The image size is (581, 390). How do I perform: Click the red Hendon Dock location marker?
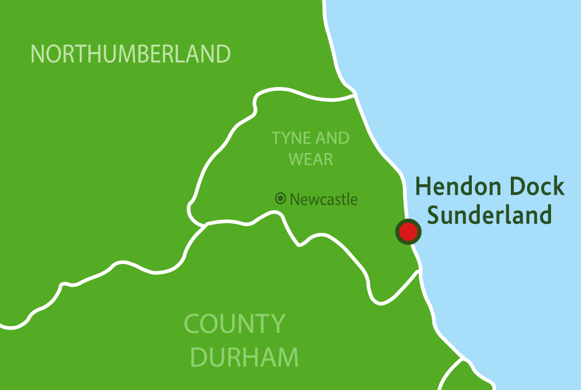[408, 231]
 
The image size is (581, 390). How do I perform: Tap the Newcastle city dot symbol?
[280, 198]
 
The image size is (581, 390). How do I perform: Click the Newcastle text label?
[324, 199]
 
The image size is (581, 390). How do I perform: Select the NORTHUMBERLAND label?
[131, 54]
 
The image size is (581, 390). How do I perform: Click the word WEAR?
[311, 159]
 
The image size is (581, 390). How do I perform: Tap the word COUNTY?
[235, 324]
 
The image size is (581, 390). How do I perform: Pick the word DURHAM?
[244, 357]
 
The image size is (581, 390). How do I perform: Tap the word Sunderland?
[489, 215]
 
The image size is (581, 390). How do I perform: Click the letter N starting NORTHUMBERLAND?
[37, 54]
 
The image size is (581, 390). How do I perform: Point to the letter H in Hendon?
[422, 187]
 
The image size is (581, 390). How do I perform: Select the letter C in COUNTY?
[193, 324]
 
